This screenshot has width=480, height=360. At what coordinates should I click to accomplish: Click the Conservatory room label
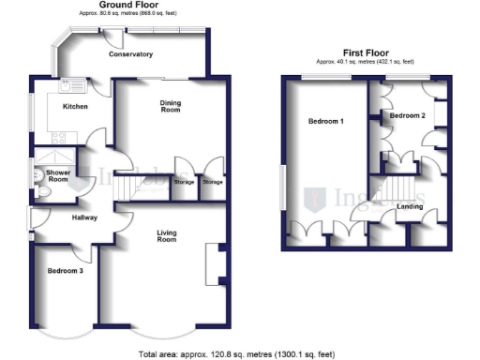130,54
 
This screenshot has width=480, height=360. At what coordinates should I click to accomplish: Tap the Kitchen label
75,107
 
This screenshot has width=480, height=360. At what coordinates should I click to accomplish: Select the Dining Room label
170,106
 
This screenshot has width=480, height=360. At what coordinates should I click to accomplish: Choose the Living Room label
166,236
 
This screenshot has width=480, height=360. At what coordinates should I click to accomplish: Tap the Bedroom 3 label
65,271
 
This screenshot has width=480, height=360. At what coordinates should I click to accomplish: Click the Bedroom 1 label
327,123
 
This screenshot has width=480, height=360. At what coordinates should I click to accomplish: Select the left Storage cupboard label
185,182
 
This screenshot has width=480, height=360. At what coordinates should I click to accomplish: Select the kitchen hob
60,136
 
